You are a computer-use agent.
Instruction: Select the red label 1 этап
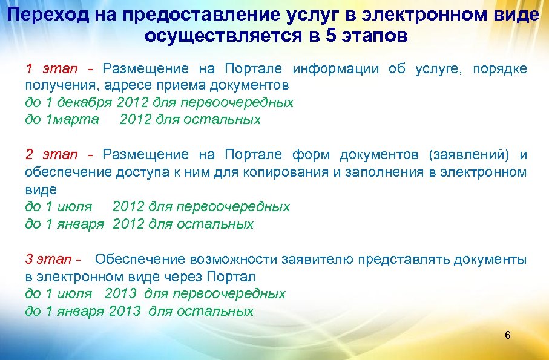[51, 68]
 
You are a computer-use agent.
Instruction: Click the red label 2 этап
[51, 155]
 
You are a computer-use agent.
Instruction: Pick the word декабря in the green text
[90, 102]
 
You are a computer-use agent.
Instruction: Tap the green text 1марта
[72, 119]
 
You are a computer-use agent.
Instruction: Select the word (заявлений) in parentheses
[470, 155]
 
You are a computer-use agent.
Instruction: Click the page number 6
[507, 336]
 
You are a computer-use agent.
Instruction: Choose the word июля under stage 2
[76, 207]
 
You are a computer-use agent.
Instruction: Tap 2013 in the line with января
[125, 312]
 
